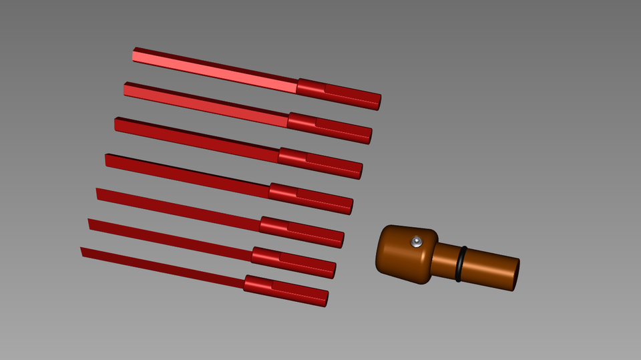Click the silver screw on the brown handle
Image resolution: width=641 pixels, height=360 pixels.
(x=417, y=241)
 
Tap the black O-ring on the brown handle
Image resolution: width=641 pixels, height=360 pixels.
(x=461, y=264)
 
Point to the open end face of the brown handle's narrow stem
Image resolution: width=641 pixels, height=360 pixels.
(x=515, y=275)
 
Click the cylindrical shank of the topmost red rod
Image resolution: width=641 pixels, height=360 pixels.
(x=338, y=94)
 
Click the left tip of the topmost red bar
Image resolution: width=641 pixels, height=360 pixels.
(x=135, y=54)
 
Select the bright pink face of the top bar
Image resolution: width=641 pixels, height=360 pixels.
(x=214, y=71)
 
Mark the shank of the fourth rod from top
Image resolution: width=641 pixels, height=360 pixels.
(x=310, y=198)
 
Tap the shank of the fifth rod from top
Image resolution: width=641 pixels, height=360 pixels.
(x=301, y=232)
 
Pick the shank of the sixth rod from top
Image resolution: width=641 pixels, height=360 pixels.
(x=293, y=262)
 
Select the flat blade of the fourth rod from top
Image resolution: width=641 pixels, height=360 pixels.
(x=186, y=174)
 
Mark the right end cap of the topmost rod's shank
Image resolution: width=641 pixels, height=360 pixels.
(x=379, y=102)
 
